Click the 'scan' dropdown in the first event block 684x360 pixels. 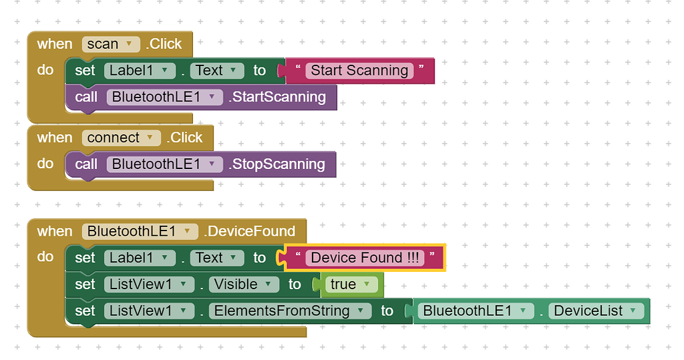click(111, 44)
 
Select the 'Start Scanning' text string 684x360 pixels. click(359, 71)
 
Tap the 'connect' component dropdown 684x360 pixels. click(122, 138)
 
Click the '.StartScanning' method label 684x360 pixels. click(278, 98)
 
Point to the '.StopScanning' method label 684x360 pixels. click(277, 164)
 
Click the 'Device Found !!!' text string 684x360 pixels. click(365, 258)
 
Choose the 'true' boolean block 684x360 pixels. click(349, 285)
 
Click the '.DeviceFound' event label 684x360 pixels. click(250, 232)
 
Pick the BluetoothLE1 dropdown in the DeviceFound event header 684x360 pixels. click(140, 232)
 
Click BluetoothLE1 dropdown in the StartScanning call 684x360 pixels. click(164, 98)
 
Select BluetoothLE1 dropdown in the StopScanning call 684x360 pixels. click(164, 164)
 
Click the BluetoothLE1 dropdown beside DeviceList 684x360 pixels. click(475, 311)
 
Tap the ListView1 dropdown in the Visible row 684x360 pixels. click(148, 285)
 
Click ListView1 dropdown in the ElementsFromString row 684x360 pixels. click(148, 311)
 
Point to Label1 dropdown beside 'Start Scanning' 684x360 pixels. click(139, 71)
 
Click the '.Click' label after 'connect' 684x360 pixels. click(184, 138)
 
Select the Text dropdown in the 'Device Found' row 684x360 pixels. click(217, 258)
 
